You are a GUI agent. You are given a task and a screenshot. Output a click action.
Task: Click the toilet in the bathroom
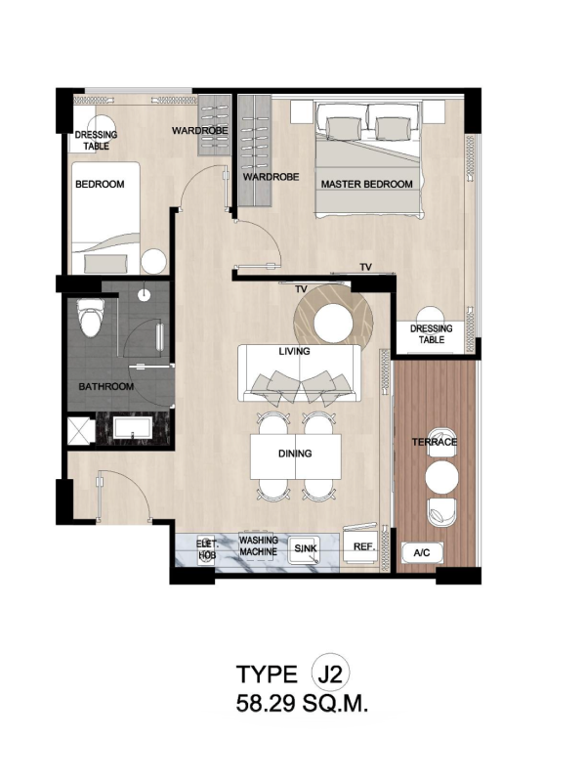click(x=91, y=317)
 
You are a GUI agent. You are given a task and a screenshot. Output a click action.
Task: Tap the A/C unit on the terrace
click(x=422, y=552)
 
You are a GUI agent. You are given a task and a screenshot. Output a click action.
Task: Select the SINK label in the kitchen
click(x=305, y=548)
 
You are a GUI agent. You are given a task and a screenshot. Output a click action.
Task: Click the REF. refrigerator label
click(x=363, y=546)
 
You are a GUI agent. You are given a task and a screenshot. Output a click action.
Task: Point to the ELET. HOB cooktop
click(x=205, y=550)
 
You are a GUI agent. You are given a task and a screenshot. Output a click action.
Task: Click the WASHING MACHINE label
click(x=258, y=546)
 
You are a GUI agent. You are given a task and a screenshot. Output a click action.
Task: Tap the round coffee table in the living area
click(x=333, y=323)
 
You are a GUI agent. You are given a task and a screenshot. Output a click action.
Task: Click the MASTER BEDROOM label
click(x=367, y=184)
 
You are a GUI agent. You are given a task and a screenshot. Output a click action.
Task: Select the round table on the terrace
click(x=441, y=476)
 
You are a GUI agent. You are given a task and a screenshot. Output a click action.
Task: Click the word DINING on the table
click(x=295, y=454)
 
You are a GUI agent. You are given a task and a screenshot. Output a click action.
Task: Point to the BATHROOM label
click(x=106, y=386)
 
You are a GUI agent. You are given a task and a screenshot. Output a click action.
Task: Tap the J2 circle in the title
click(x=330, y=673)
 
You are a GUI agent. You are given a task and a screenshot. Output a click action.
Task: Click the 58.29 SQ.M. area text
click(x=302, y=704)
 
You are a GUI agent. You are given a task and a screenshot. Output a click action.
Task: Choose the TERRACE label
click(x=434, y=442)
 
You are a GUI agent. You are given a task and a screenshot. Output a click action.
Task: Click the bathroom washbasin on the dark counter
click(x=132, y=428)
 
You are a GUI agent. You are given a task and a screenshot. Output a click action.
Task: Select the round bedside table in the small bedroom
click(x=152, y=261)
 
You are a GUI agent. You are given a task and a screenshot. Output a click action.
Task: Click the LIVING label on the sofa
click(x=294, y=351)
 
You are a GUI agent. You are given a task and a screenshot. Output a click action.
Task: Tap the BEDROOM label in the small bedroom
click(x=100, y=184)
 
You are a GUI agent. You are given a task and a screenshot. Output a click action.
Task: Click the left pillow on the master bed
click(x=344, y=128)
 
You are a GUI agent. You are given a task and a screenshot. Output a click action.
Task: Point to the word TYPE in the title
click(x=267, y=674)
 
